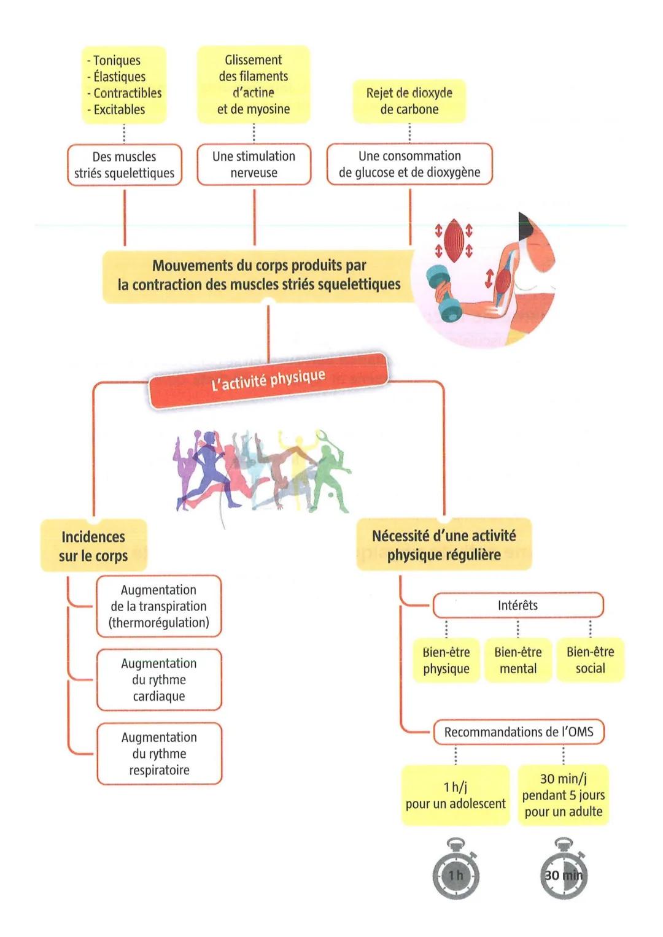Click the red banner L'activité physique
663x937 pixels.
click(268, 380)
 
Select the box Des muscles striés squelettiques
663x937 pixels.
click(124, 164)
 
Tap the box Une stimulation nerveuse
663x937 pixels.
click(254, 164)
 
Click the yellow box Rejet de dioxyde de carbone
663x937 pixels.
click(409, 101)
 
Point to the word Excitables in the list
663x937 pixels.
click(119, 110)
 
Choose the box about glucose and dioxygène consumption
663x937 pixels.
click(409, 164)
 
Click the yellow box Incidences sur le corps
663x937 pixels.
click(93, 546)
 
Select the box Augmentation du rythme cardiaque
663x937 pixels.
click(159, 679)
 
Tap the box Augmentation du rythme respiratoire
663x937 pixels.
click(159, 754)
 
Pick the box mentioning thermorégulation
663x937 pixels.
click(158, 606)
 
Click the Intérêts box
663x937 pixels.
click(518, 605)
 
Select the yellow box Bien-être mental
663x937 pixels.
click(518, 660)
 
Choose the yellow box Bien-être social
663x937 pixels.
click(590, 660)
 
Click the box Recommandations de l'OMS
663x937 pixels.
click(519, 732)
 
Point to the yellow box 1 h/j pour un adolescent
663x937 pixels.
click(456, 795)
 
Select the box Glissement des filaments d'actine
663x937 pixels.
click(254, 85)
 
